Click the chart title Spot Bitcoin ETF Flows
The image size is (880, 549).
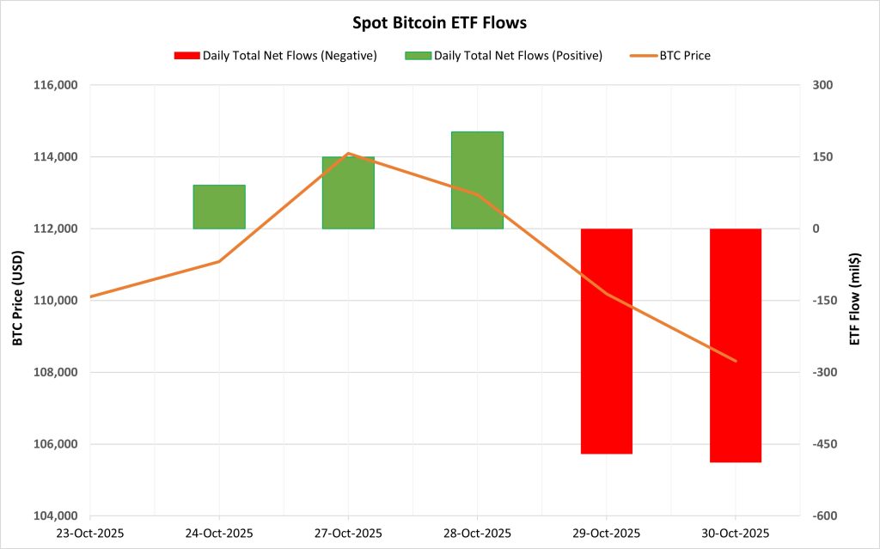tap(439, 21)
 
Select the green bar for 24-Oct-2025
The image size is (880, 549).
tap(219, 207)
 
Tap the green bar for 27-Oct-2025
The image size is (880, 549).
tap(348, 192)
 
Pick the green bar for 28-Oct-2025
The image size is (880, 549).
tap(477, 180)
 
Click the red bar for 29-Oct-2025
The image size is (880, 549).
tap(607, 341)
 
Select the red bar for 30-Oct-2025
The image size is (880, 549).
tap(736, 345)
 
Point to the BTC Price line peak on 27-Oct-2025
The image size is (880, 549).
tap(348, 153)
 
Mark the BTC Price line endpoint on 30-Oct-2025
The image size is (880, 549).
tap(736, 361)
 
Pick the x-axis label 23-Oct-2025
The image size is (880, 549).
tap(89, 533)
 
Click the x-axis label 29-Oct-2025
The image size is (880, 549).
tap(607, 533)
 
